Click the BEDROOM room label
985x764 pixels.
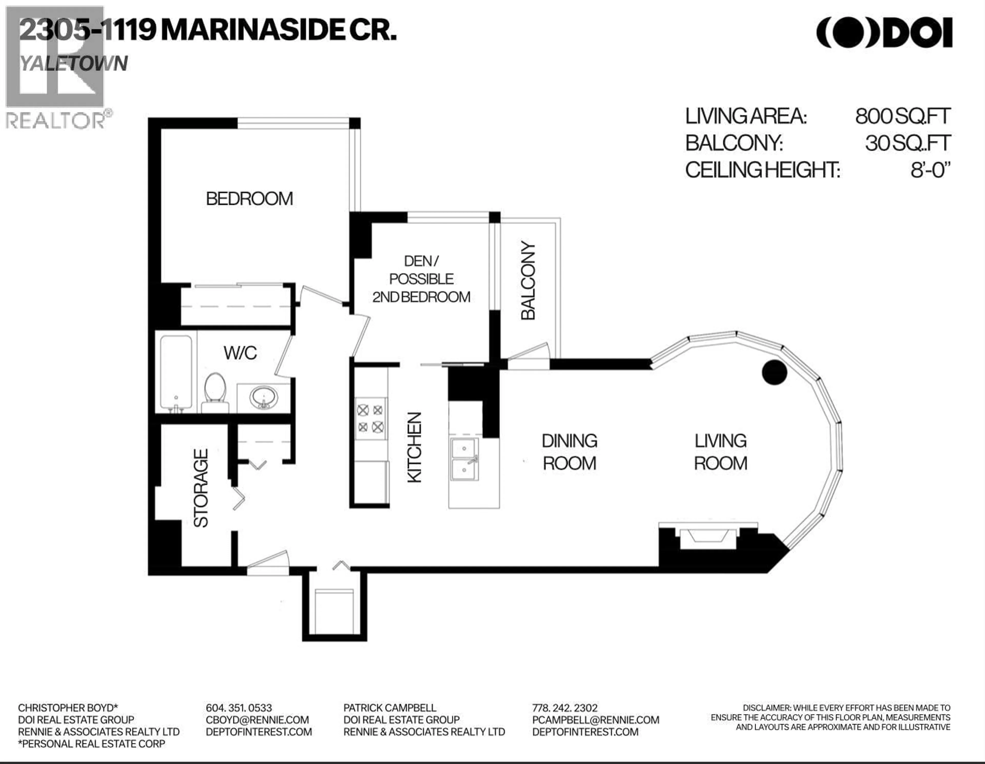click(x=249, y=199)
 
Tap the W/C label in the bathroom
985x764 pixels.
click(x=240, y=353)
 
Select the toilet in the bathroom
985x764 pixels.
click(x=215, y=392)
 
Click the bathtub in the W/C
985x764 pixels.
click(x=176, y=374)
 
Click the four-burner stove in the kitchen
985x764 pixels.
click(x=371, y=418)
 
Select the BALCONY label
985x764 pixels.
click(x=528, y=280)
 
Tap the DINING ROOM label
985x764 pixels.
click(x=570, y=452)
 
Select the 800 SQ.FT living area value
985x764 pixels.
click(x=903, y=116)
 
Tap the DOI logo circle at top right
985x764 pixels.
click(x=848, y=33)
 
